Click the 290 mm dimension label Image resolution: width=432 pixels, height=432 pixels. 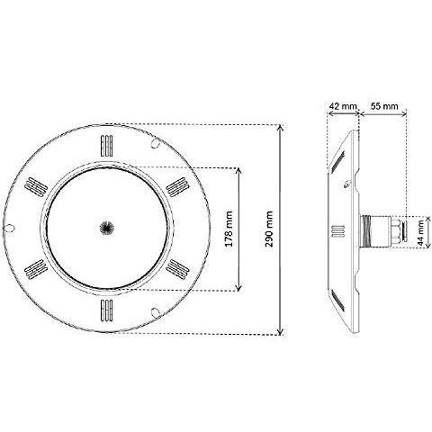[269, 229]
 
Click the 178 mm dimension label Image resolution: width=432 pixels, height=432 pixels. [229, 229]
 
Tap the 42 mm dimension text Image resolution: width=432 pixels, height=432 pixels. [343, 106]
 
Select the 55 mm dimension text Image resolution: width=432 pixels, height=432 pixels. [384, 106]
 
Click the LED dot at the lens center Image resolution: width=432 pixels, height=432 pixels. [107, 228]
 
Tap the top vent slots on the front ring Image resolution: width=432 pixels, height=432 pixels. [107, 146]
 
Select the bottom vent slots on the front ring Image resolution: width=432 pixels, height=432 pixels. [107, 310]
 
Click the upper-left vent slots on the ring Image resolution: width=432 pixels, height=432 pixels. [36, 187]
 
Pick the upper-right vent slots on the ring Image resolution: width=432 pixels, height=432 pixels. [177, 187]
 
